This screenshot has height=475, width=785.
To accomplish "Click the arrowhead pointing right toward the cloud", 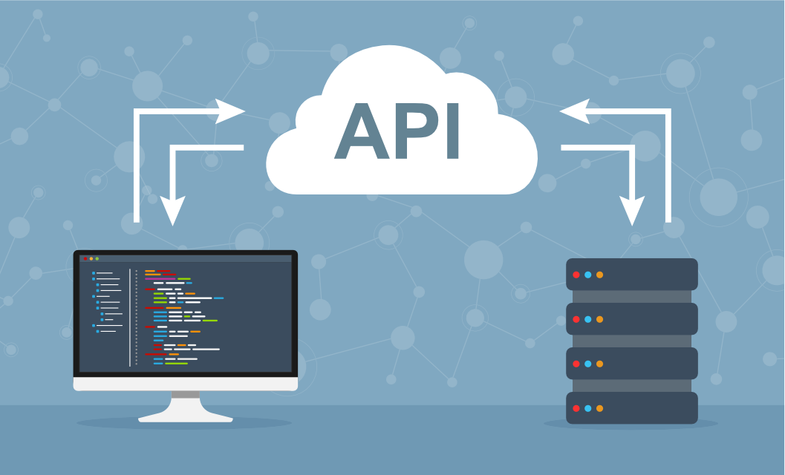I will [x=231, y=111].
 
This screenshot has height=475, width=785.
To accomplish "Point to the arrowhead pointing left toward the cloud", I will [x=573, y=111].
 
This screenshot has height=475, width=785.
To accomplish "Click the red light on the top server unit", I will [x=576, y=275].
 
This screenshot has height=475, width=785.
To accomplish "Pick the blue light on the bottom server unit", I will [x=587, y=408].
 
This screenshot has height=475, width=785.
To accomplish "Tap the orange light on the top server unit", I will [x=599, y=275].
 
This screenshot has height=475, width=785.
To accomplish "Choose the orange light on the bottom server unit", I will [x=599, y=408].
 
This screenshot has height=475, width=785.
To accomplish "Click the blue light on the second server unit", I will [x=587, y=319].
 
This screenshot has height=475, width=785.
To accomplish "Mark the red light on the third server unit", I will [x=576, y=364].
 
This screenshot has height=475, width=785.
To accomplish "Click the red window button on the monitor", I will [x=85, y=258].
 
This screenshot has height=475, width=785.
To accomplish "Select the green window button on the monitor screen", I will [x=97, y=258].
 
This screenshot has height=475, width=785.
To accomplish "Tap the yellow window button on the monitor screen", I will [x=91, y=258].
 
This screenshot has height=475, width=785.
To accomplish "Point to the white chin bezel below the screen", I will [x=186, y=384].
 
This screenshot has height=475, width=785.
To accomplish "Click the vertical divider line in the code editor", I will [x=130, y=318].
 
